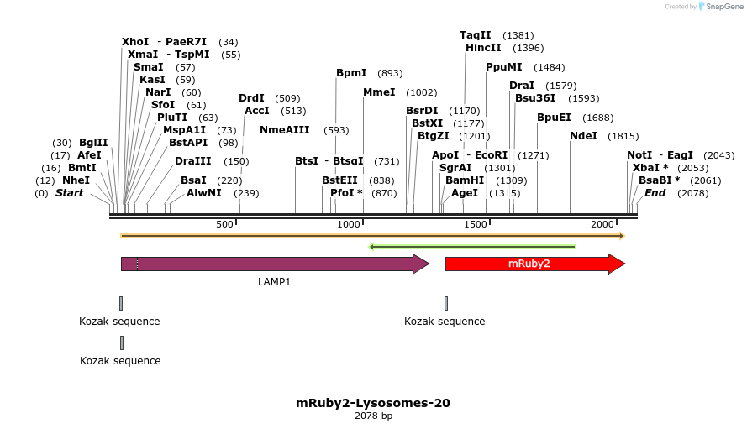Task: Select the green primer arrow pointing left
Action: click(x=471, y=247)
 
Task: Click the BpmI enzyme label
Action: click(x=351, y=73)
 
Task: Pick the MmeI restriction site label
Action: click(x=379, y=92)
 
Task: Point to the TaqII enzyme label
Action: click(x=475, y=35)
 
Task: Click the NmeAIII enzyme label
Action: click(x=285, y=130)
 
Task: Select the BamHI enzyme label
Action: click(x=465, y=180)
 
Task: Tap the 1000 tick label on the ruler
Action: click(x=348, y=225)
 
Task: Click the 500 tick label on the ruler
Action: click(x=224, y=225)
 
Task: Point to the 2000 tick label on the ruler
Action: click(x=602, y=225)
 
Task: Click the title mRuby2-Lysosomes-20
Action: click(x=372, y=403)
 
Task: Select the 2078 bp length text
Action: click(x=373, y=416)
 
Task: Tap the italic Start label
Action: click(x=70, y=193)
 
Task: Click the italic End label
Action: click(x=655, y=193)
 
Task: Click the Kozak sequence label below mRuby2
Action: click(x=445, y=322)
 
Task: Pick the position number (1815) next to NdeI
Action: click(x=623, y=136)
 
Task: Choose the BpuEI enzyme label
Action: click(x=554, y=118)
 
